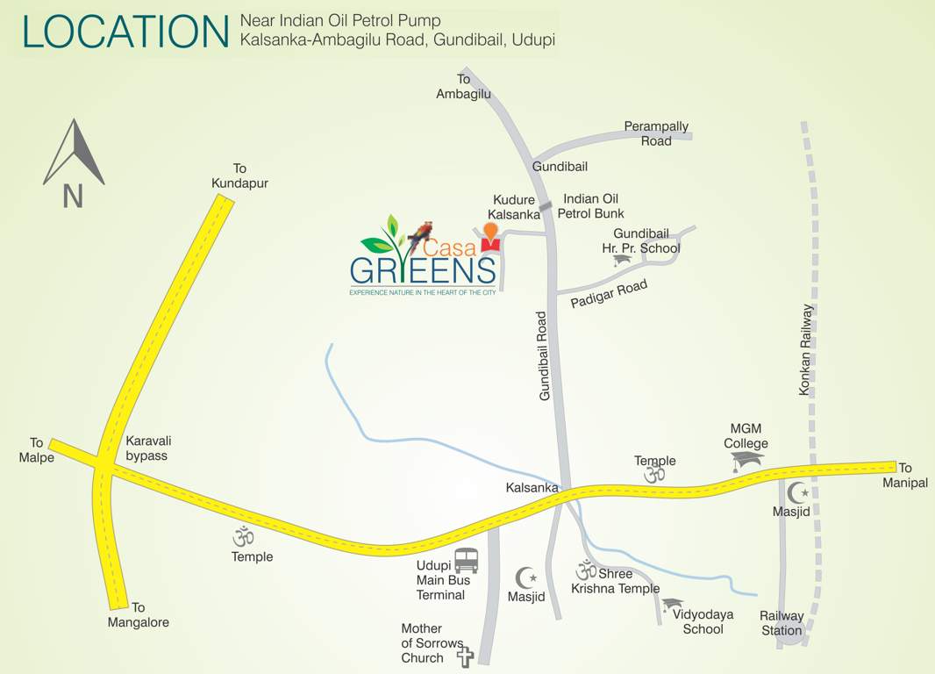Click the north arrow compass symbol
(x=74, y=154)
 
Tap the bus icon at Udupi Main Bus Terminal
(x=467, y=560)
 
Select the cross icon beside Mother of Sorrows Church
(x=465, y=656)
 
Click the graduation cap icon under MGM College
(x=747, y=460)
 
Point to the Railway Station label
(x=781, y=623)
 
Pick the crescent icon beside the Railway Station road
(x=797, y=492)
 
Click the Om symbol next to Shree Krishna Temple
(x=586, y=570)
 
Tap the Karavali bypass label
(x=146, y=448)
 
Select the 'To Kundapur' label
(x=239, y=176)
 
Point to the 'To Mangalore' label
(x=138, y=615)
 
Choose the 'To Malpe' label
(x=36, y=450)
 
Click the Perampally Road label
(x=656, y=133)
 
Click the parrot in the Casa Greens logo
(x=421, y=232)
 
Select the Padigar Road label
(x=609, y=293)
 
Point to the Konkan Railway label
(x=806, y=349)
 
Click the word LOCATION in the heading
(x=125, y=32)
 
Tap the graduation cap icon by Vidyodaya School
(x=673, y=604)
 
